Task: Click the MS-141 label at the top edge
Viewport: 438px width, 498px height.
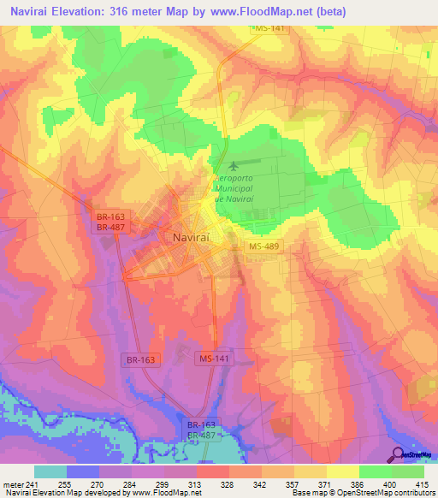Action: [269, 29]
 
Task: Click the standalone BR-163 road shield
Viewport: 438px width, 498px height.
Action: [143, 360]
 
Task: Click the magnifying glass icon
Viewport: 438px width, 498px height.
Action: [399, 456]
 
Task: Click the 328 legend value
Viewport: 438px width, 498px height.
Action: [210, 483]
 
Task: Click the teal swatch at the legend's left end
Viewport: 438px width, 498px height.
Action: [50, 471]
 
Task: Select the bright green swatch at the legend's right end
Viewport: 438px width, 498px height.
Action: [407, 471]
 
